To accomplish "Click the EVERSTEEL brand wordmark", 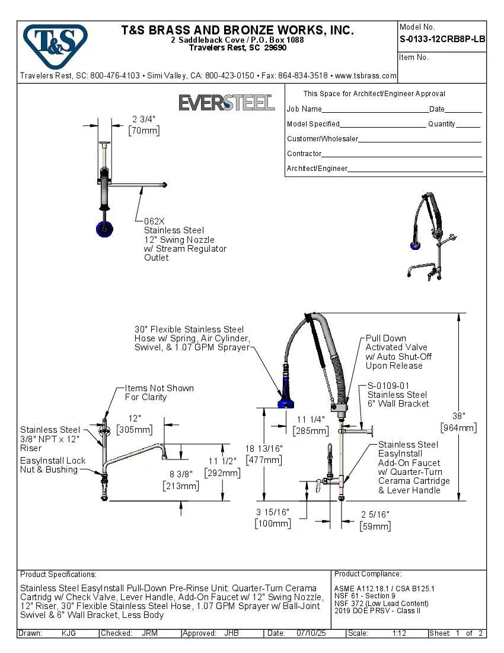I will [x=227, y=103].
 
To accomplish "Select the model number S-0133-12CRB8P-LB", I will [x=442, y=39].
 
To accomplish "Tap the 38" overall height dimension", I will [x=458, y=416].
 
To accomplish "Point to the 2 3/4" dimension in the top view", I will [x=143, y=118].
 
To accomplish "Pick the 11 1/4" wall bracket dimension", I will [x=311, y=419].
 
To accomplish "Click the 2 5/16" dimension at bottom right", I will [x=375, y=514].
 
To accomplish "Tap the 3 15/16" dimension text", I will [x=273, y=512].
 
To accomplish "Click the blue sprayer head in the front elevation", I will [x=289, y=401].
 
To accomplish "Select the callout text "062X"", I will [x=155, y=221].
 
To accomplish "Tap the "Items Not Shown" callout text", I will [x=159, y=388].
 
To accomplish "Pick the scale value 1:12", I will [x=399, y=633].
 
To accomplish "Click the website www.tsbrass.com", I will [x=365, y=76].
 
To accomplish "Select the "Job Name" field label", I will [x=304, y=109].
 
